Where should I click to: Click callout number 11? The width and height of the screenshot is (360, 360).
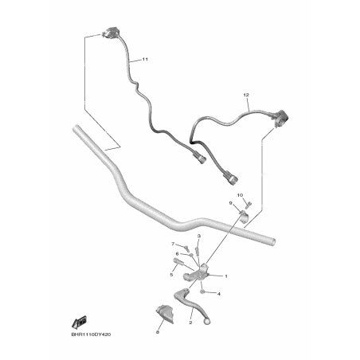pyautogui.click(x=145, y=59)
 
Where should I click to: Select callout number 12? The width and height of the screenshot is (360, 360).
pyautogui.click(x=246, y=95)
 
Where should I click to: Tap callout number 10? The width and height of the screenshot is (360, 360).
pyautogui.click(x=240, y=195)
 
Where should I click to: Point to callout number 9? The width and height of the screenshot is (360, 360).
pyautogui.click(x=230, y=203)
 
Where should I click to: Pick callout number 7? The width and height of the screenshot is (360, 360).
pyautogui.click(x=173, y=244)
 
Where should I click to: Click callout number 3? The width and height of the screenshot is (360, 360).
pyautogui.click(x=199, y=236)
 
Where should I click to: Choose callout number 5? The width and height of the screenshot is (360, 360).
pyautogui.click(x=171, y=275)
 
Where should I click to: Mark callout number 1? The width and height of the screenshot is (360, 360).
pyautogui.click(x=226, y=276)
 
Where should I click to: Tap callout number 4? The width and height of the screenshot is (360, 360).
pyautogui.click(x=219, y=294)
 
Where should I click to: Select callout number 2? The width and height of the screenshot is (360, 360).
pyautogui.click(x=190, y=323)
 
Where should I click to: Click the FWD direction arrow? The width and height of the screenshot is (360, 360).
pyautogui.click(x=79, y=323)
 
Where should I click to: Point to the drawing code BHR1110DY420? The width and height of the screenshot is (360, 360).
pyautogui.click(x=91, y=335)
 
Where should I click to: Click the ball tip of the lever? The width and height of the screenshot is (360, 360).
pyautogui.click(x=207, y=322)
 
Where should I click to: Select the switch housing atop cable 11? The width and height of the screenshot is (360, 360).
pyautogui.click(x=110, y=33)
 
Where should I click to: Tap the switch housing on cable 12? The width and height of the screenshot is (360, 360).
pyautogui.click(x=280, y=117)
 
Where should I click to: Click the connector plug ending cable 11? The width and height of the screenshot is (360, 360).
pyautogui.click(x=200, y=158)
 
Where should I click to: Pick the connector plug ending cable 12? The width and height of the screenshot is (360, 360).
pyautogui.click(x=231, y=178)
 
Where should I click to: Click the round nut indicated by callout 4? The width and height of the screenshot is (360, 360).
pyautogui.click(x=202, y=292)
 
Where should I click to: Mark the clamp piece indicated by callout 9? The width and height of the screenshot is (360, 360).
pyautogui.click(x=245, y=216)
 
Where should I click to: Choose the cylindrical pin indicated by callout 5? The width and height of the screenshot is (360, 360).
pyautogui.click(x=178, y=261)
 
